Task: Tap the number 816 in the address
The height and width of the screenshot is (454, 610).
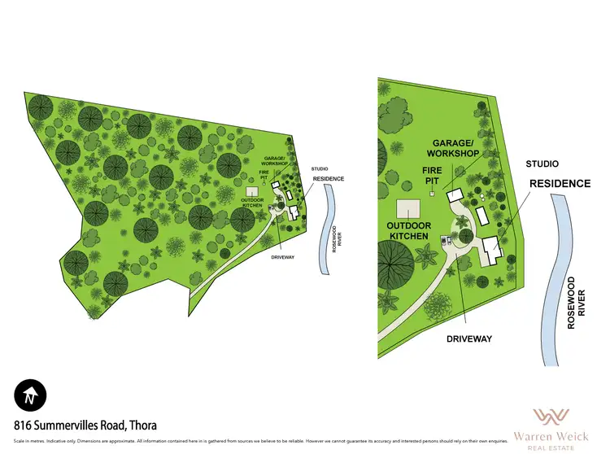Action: (x=24, y=425)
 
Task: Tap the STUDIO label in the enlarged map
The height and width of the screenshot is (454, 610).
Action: (x=542, y=164)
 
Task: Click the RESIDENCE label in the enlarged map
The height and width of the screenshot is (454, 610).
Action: (x=560, y=184)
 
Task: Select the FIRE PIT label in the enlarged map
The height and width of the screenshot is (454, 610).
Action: (x=431, y=175)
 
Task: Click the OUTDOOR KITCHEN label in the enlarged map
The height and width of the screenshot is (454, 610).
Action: (x=407, y=230)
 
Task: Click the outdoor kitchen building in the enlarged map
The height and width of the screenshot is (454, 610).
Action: (x=407, y=208)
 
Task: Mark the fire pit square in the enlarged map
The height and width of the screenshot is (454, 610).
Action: (x=432, y=195)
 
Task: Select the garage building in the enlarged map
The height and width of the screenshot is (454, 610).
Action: (x=455, y=197)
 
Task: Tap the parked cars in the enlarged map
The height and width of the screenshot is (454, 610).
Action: (x=444, y=240)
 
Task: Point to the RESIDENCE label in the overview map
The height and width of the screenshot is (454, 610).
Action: (x=328, y=178)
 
